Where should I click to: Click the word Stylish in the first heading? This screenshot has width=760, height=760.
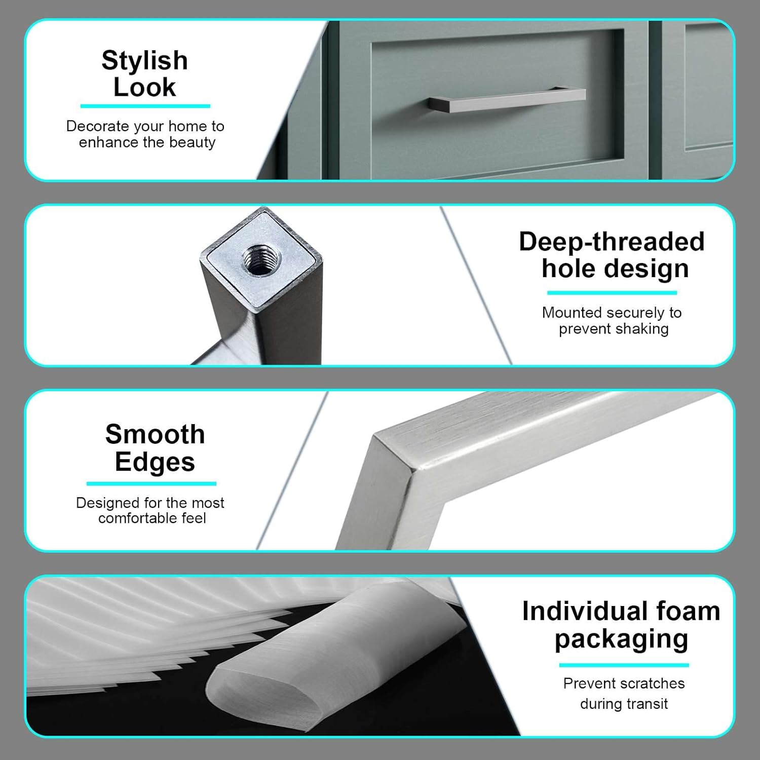(144, 61)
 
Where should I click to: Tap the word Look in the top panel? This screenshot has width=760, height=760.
(144, 87)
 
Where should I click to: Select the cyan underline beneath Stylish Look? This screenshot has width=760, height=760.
(145, 106)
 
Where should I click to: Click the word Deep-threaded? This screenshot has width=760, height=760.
(612, 242)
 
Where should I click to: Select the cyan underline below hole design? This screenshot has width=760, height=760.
(612, 292)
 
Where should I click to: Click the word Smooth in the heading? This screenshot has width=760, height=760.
(155, 435)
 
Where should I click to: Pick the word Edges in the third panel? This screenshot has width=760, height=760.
(155, 462)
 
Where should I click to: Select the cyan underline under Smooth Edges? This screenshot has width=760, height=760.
(151, 483)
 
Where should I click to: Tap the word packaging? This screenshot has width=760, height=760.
(621, 639)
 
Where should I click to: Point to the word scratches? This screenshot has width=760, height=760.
(653, 683)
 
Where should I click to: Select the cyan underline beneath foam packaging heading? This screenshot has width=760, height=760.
(624, 665)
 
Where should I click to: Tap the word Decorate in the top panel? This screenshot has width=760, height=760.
(97, 126)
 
